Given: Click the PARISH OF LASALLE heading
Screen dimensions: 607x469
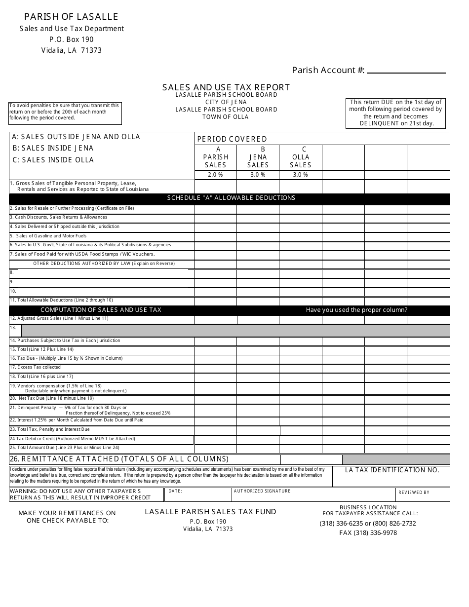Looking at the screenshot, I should pos(72,17).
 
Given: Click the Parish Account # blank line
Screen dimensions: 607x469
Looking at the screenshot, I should pos(406,71).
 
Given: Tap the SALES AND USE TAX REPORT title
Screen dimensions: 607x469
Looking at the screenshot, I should pos(226,87).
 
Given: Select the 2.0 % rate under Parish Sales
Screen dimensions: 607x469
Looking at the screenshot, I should pos(215,175).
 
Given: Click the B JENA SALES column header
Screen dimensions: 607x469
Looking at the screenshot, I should pos(258,157).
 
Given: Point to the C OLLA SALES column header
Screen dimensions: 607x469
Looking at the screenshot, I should pos(301,157).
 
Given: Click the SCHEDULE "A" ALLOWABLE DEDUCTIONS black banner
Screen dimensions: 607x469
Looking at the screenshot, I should pos(231,198).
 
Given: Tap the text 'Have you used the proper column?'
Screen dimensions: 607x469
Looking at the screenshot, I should pos(356,310).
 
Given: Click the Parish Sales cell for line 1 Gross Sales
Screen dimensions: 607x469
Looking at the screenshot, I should pos(215,187).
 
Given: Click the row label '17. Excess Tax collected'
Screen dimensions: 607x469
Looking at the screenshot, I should pos(36,367).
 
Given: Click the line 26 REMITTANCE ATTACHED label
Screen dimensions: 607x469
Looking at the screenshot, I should pos(119,459).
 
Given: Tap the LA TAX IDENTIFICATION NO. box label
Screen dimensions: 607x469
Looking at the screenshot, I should pos(392,470).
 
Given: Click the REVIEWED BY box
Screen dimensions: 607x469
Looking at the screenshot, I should pos(423,494).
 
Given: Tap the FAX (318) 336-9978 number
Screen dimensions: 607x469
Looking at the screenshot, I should pos(368,533).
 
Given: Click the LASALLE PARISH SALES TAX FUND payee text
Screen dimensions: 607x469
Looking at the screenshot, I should pos(210,512).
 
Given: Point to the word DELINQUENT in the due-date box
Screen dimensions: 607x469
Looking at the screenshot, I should pos(379,124).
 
